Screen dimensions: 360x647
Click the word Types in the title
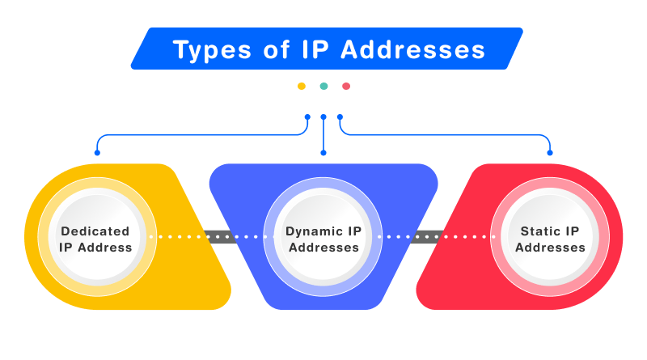pos(206,50)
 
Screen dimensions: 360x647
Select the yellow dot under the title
pos(302,86)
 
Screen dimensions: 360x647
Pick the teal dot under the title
pos(323,86)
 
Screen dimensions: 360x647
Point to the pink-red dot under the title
pos(346,86)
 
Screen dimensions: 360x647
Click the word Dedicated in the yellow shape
pos(95,231)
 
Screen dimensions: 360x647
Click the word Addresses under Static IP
pos(551,248)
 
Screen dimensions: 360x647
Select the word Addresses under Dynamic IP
pos(323,248)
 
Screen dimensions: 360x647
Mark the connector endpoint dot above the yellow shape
pos(97,152)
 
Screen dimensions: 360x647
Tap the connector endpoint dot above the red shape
pos(551,152)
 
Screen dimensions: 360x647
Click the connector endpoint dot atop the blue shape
pos(323,152)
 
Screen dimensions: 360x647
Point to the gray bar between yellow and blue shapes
pos(220,237)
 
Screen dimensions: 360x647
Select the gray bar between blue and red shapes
pos(426,237)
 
